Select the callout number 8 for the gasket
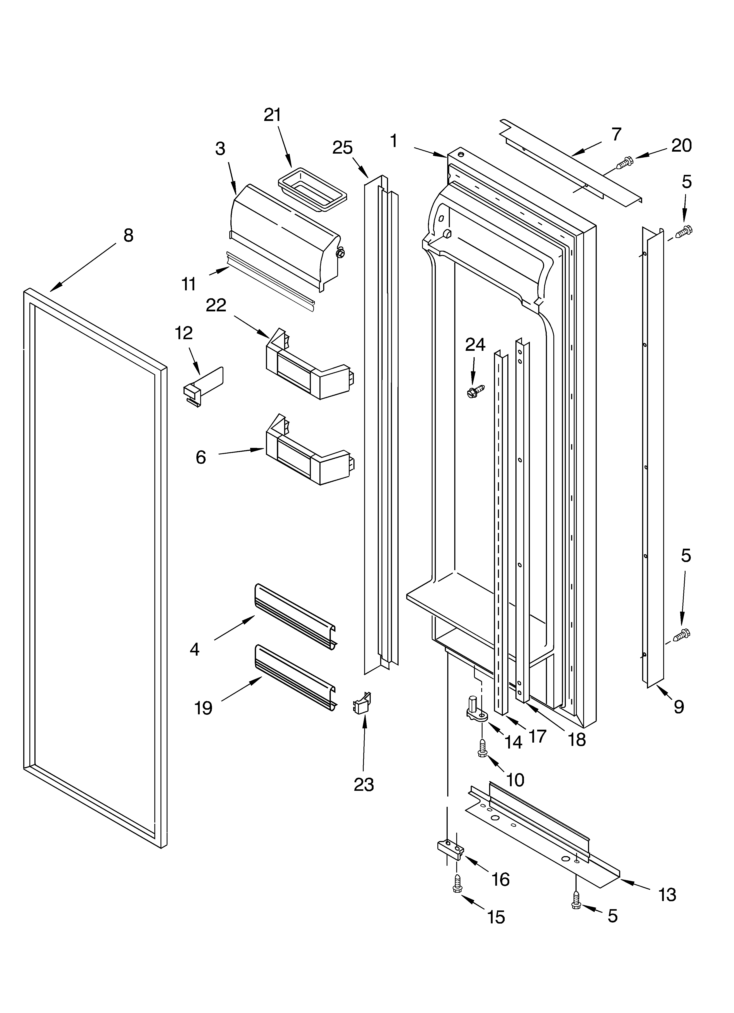[x=128, y=235]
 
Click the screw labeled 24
[x=476, y=392]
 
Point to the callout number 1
[x=393, y=141]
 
